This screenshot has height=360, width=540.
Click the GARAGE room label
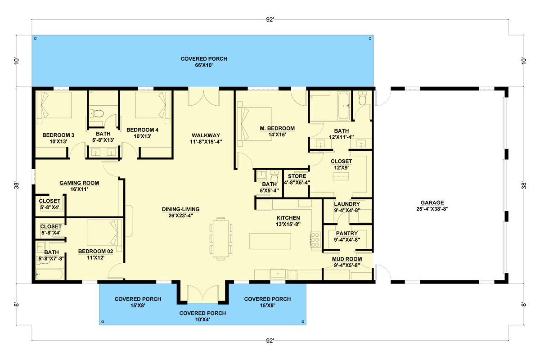[432, 202]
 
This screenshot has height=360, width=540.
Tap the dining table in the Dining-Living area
[221, 238]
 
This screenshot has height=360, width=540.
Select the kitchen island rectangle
[270, 241]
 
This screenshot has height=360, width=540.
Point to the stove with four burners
[315, 240]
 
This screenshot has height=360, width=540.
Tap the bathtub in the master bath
[343, 106]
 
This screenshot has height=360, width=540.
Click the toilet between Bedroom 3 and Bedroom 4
[97, 113]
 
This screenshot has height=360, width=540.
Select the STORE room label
[297, 176]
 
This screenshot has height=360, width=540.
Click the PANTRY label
[347, 234]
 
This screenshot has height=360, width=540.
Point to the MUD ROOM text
[347, 259]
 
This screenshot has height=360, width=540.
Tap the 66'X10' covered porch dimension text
[204, 65]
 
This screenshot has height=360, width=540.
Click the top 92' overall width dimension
[270, 19]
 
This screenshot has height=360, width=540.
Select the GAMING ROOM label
[79, 183]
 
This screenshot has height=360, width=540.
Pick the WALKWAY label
[206, 135]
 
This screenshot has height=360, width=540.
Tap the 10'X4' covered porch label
[202, 319]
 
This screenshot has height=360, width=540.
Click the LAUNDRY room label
[347, 204]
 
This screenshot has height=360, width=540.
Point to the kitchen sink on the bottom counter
[278, 274]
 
